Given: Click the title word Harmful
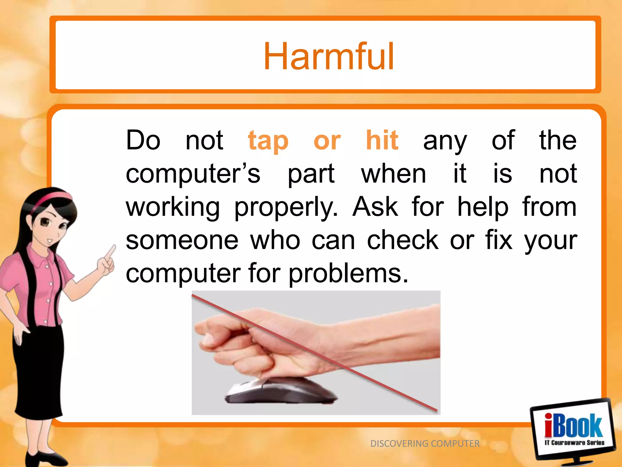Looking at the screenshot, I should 329,57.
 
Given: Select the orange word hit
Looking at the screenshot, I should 382,140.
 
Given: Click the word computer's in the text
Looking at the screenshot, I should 193,174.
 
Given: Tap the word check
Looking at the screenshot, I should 402,240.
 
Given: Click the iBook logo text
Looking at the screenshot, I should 573,426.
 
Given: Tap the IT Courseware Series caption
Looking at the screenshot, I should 574,443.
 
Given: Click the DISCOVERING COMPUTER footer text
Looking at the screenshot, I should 425,444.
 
